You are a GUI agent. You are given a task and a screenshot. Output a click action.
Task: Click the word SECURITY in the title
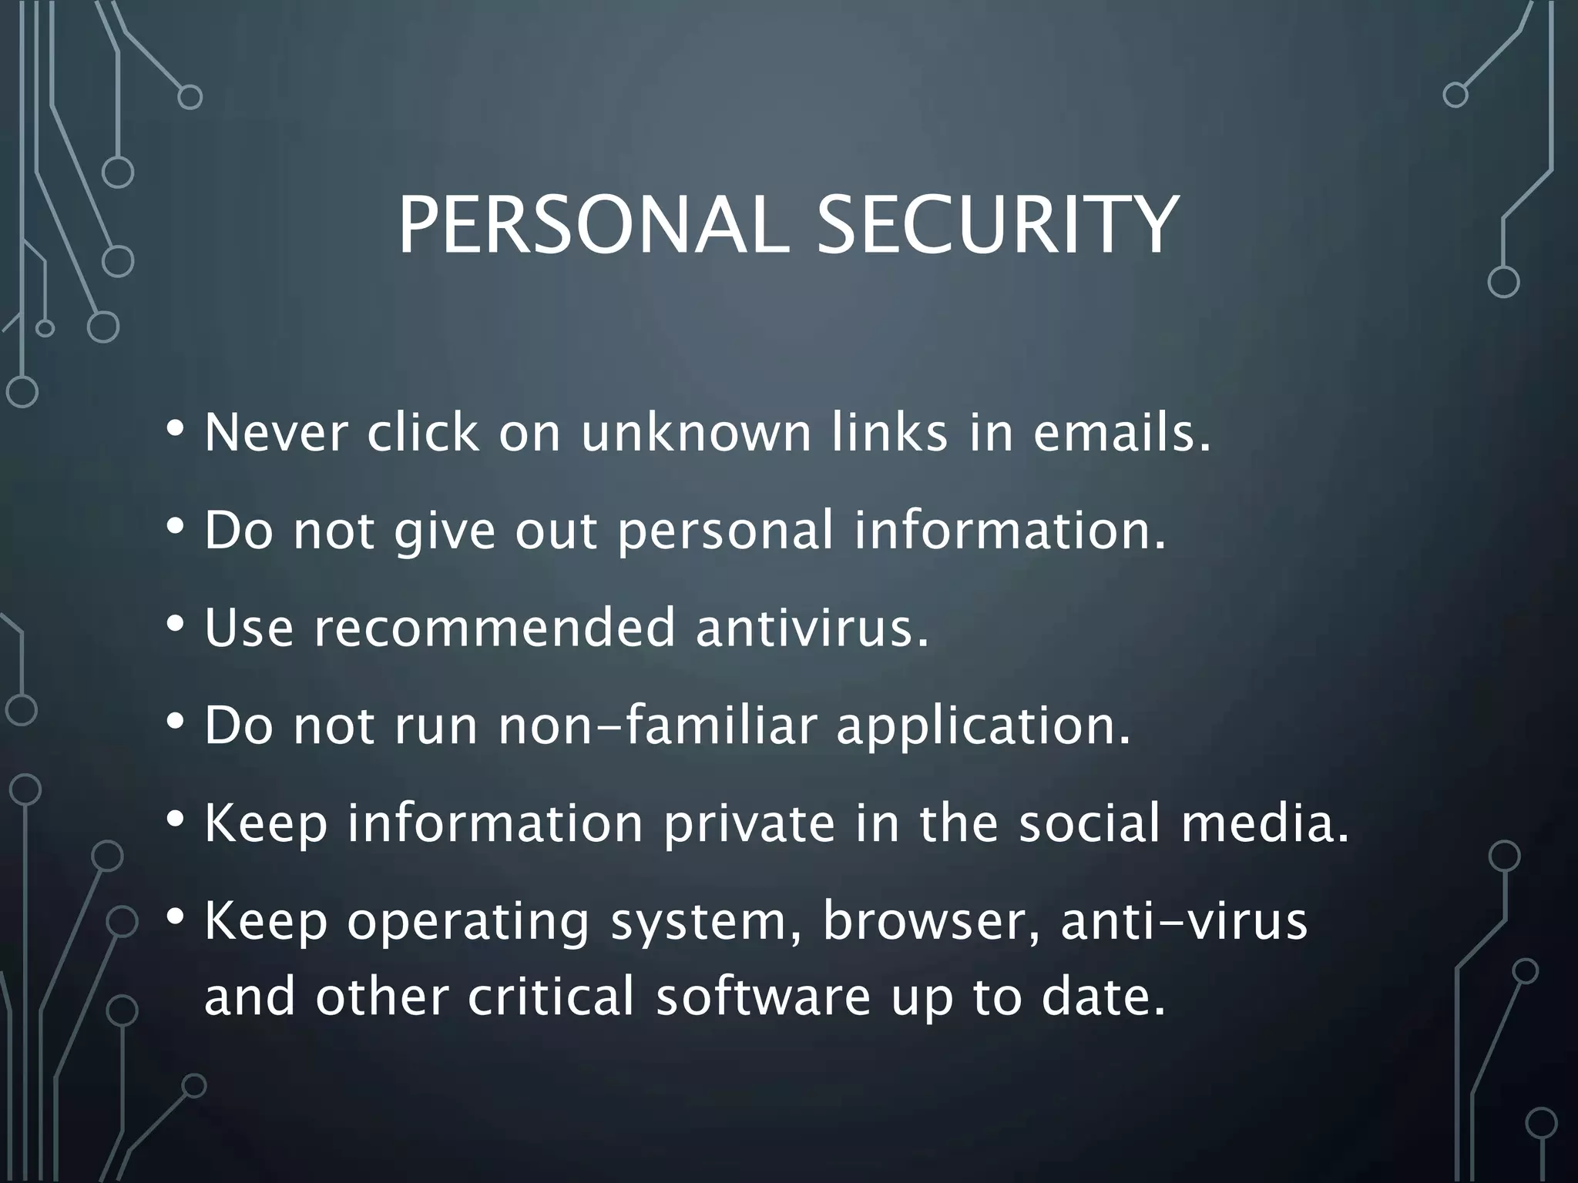997,226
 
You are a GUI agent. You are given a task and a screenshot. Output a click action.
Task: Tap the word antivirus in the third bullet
811,628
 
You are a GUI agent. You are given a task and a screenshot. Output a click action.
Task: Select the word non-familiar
656,726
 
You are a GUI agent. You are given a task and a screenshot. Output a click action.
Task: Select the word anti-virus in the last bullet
1183,922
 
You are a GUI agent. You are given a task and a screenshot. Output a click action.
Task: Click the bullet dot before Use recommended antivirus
176,623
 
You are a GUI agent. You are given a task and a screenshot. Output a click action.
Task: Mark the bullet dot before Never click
176,427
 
